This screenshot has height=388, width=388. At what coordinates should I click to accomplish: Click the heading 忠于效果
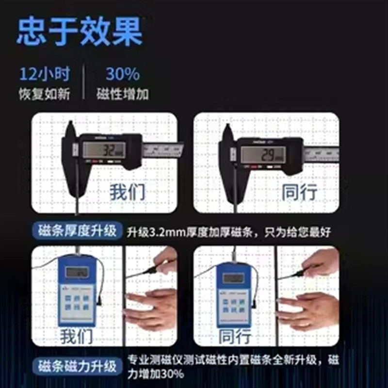80,32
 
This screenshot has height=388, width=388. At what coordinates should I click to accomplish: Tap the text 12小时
45,74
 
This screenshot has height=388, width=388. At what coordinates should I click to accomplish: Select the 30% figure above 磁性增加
123,74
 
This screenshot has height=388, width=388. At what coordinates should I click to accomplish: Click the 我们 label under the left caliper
127,193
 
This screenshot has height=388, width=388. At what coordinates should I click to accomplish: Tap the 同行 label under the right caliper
299,193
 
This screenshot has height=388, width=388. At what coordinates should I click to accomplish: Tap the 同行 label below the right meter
236,336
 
